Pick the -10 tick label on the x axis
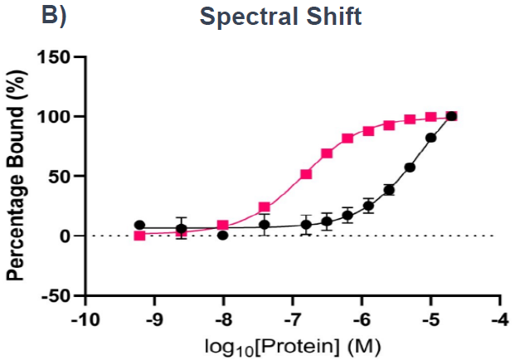tap(84, 319)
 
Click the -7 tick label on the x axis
tap(292, 319)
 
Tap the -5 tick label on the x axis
tap(430, 319)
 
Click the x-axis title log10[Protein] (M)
tap(294, 343)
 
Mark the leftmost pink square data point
tap(139, 236)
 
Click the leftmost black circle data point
tap(139, 225)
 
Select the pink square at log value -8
tap(222, 225)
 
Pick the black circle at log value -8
tap(222, 236)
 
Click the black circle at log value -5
tap(430, 138)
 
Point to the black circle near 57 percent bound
tap(410, 168)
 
